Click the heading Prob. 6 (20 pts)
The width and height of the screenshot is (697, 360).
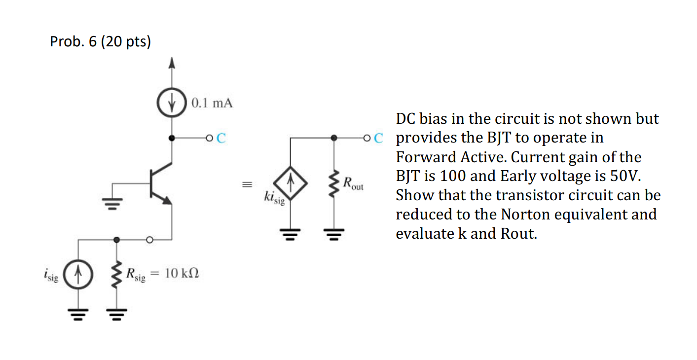[x=100, y=42]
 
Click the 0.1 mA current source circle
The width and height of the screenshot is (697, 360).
[x=171, y=104]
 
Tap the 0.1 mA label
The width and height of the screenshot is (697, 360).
[x=212, y=104]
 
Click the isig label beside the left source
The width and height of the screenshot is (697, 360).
[x=51, y=274]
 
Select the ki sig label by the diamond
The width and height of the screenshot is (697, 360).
[x=274, y=198]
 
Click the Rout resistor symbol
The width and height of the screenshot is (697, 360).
[x=334, y=185]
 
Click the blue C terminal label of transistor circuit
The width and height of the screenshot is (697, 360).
[x=220, y=138]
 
